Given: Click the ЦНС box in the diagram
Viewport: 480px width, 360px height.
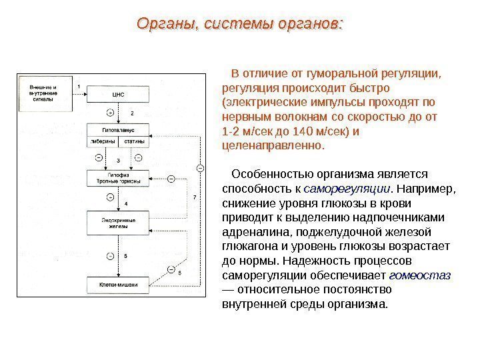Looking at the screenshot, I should click(x=119, y=94).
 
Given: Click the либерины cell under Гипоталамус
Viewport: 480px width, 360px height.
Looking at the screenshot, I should click(x=103, y=141).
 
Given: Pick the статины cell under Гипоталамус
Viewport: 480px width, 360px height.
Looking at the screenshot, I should click(x=135, y=141).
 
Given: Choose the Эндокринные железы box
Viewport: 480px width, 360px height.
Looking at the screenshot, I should click(x=119, y=222).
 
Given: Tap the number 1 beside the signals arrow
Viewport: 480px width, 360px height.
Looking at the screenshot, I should click(x=79, y=87).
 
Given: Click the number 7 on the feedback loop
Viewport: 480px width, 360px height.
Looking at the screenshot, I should click(x=194, y=197).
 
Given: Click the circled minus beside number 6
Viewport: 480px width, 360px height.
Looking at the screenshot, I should click(x=171, y=269).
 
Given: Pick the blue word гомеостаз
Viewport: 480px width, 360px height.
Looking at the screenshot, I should click(x=419, y=275).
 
